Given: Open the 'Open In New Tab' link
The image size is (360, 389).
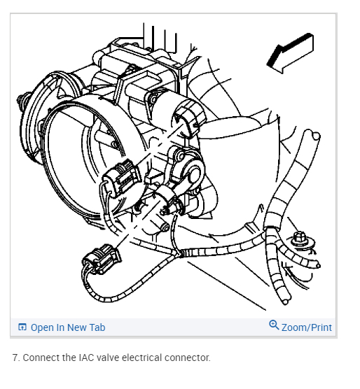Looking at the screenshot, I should click(x=67, y=327).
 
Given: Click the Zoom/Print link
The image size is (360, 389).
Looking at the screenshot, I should click(x=306, y=327).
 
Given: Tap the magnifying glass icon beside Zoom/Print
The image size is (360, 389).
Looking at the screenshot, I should click(x=274, y=326).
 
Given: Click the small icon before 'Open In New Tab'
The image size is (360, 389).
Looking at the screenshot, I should click(x=22, y=327).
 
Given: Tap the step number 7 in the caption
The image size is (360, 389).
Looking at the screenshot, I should click(x=15, y=358).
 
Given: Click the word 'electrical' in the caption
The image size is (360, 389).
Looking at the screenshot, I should click(x=146, y=358).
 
